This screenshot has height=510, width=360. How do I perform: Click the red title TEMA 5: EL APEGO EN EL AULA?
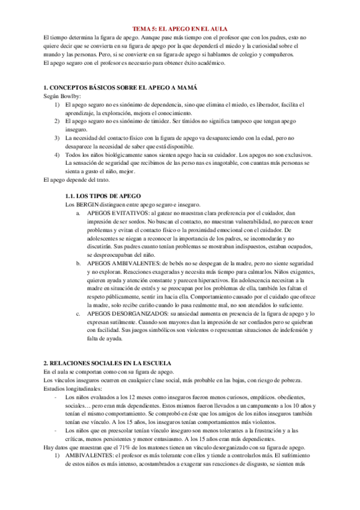(x=180, y=28)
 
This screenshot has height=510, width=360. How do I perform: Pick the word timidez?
(x=159, y=121)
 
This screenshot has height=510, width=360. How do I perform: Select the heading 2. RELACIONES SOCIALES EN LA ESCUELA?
(x=108, y=364)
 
